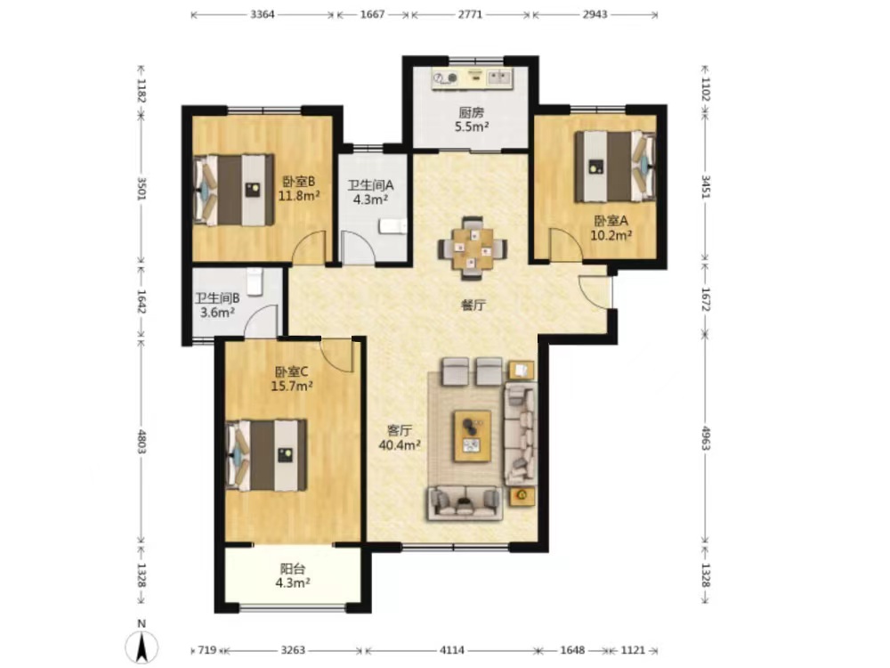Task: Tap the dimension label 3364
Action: [263, 15]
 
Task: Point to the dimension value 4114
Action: [452, 650]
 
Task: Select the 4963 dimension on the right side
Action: [706, 437]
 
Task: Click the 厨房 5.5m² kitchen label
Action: [472, 120]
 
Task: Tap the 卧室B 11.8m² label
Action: [298, 189]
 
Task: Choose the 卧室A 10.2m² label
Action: [611, 228]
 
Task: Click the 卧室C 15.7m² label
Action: [292, 379]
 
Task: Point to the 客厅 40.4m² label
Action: [400, 437]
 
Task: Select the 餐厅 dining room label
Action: [473, 305]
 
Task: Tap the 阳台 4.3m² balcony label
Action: [293, 575]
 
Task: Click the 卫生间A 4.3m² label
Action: [370, 192]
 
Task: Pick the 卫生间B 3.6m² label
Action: [217, 305]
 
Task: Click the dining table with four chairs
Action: [473, 248]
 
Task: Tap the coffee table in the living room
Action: [473, 436]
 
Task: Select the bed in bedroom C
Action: [267, 455]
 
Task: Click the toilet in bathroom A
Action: [393, 226]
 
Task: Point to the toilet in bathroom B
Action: [255, 281]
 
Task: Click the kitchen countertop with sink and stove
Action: [472, 78]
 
